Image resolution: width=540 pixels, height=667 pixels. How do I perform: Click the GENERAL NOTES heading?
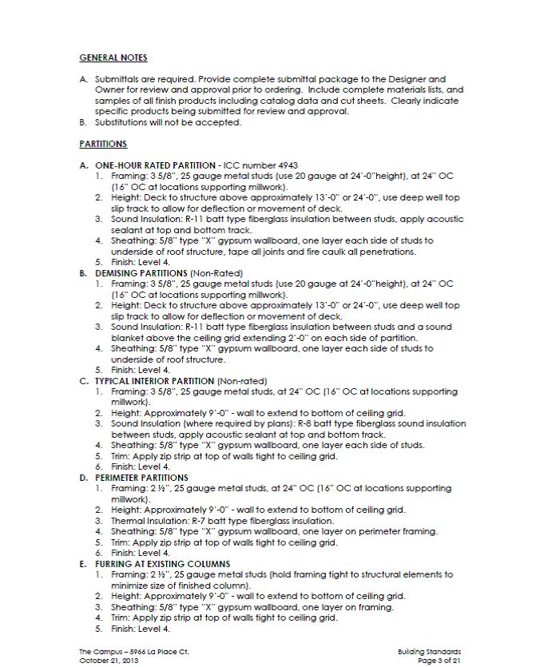tap(113, 58)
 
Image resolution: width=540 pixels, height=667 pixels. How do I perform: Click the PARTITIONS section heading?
tap(103, 144)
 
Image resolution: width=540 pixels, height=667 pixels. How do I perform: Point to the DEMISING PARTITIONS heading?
tap(141, 272)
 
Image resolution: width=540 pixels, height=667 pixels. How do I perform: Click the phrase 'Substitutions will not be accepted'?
tap(168, 122)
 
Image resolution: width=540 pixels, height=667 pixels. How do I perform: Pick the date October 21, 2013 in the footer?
tap(109, 661)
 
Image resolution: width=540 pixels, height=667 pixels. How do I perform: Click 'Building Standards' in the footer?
tap(429, 652)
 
